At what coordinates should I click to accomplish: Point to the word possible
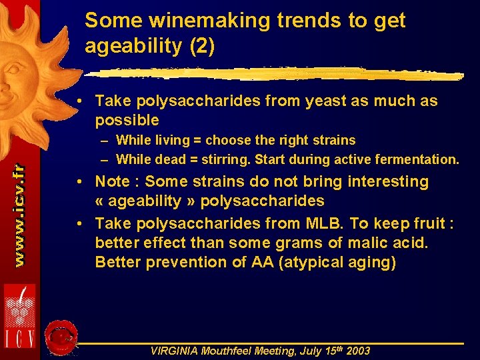[x=127, y=121]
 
